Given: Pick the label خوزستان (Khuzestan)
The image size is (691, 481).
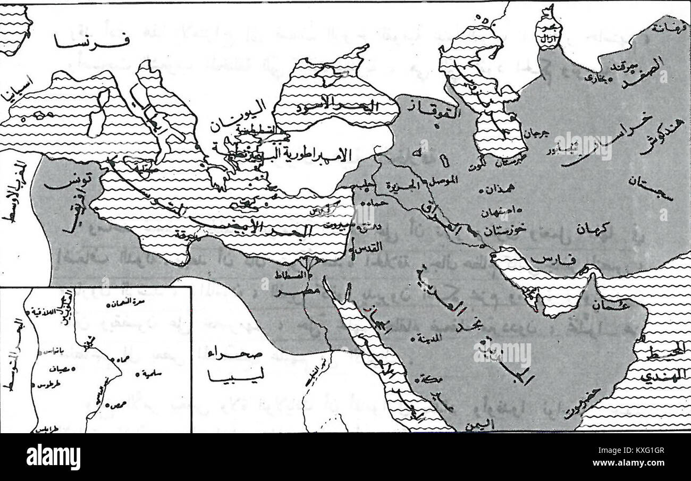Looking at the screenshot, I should [x=505, y=229].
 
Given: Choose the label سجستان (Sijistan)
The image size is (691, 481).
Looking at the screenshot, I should [x=651, y=189].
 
